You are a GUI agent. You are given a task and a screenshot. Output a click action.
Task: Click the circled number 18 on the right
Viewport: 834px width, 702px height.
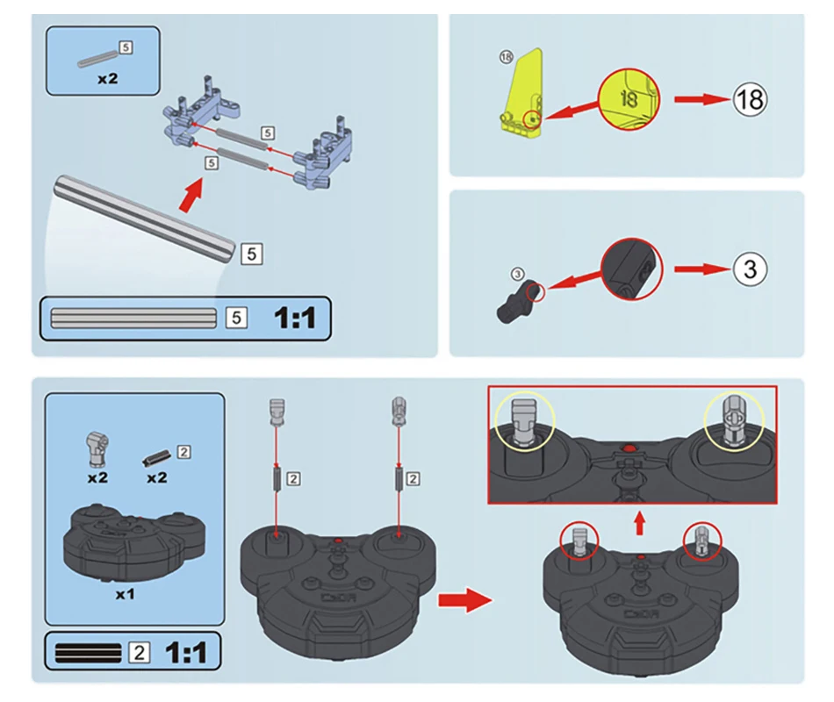coord(749,100)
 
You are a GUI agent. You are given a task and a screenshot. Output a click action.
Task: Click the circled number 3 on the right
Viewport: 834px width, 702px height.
coord(749,269)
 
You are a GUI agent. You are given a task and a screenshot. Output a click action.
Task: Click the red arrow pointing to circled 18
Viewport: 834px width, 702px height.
coord(700,100)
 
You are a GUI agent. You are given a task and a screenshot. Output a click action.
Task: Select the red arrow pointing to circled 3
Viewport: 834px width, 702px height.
coord(700,269)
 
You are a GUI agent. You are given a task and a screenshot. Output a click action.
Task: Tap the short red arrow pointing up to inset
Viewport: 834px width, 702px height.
coord(639,524)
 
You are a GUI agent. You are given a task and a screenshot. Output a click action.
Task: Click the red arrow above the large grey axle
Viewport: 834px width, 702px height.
coord(189,195)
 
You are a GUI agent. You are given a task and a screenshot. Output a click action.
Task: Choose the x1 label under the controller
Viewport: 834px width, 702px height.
coord(125,594)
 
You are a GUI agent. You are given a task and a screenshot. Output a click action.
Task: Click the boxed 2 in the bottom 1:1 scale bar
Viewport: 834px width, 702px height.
coord(139,652)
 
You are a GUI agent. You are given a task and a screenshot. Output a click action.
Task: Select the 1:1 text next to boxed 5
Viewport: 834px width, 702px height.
coord(294,318)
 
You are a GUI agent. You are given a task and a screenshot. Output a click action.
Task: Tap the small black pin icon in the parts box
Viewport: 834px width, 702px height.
coord(156,457)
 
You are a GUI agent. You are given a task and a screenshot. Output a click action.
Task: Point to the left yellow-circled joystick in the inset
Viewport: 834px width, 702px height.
coord(524,420)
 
